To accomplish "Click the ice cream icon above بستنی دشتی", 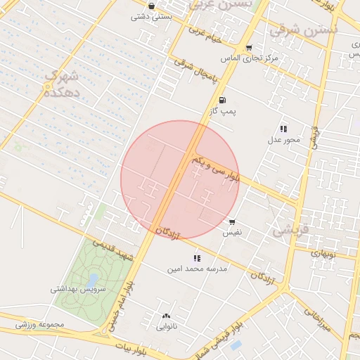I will click(152, 6).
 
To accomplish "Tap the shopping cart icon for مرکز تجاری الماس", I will click(249, 48).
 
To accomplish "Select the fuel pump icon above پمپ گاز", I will click(223, 100).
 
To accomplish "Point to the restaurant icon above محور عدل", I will click(283, 129).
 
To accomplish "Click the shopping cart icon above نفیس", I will click(232, 221).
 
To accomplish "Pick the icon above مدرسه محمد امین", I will click(197, 258).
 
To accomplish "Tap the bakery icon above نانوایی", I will click(166, 316).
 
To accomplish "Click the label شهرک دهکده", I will click(61, 83).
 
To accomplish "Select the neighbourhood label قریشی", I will click(290, 228).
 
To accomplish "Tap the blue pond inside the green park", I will click(92, 281).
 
